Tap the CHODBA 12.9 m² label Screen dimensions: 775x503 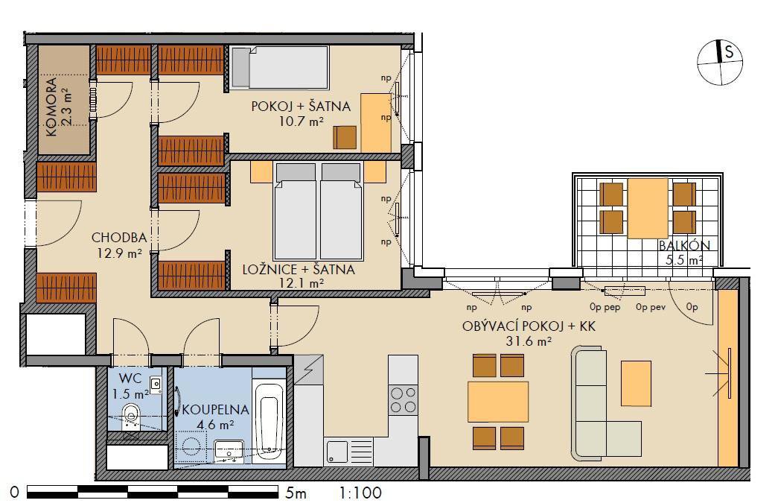coord(119,245)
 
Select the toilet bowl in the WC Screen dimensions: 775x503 coord(130,414)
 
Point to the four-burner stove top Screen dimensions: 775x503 coord(403,399)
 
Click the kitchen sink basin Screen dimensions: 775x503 coord(337,452)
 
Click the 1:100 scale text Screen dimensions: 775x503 coord(361,493)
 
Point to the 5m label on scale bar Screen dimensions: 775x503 coord(296,493)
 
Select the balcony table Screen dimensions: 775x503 coord(648,208)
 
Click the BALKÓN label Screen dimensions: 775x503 coord(684,245)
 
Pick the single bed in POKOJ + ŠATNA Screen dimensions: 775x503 coord(279,68)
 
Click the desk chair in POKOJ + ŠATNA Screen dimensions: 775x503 coord(345,138)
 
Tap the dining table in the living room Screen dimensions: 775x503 coord(498,402)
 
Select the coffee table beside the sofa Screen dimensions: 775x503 coord(636,383)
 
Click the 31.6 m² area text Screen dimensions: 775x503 coord(529,341)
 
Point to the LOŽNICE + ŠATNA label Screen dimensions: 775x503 coord(299,270)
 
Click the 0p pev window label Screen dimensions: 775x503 coord(651,307)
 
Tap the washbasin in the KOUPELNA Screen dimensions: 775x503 coord(229,451)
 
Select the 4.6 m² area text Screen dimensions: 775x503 coord(215,424)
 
